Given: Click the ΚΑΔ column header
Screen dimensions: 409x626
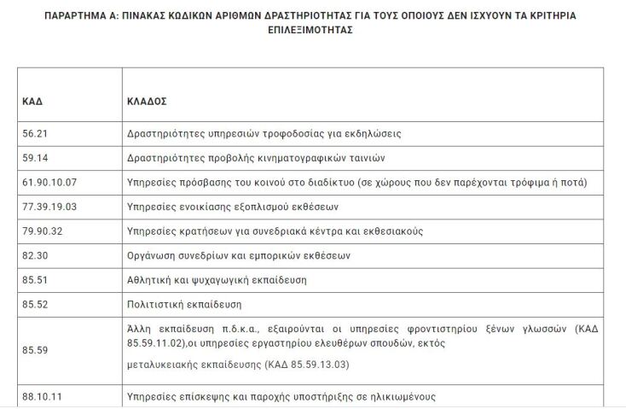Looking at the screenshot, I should (x=32, y=101).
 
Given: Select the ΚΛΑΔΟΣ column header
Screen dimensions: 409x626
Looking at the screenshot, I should (x=147, y=101).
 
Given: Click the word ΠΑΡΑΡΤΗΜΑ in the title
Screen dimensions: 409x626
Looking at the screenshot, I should (x=77, y=15).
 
